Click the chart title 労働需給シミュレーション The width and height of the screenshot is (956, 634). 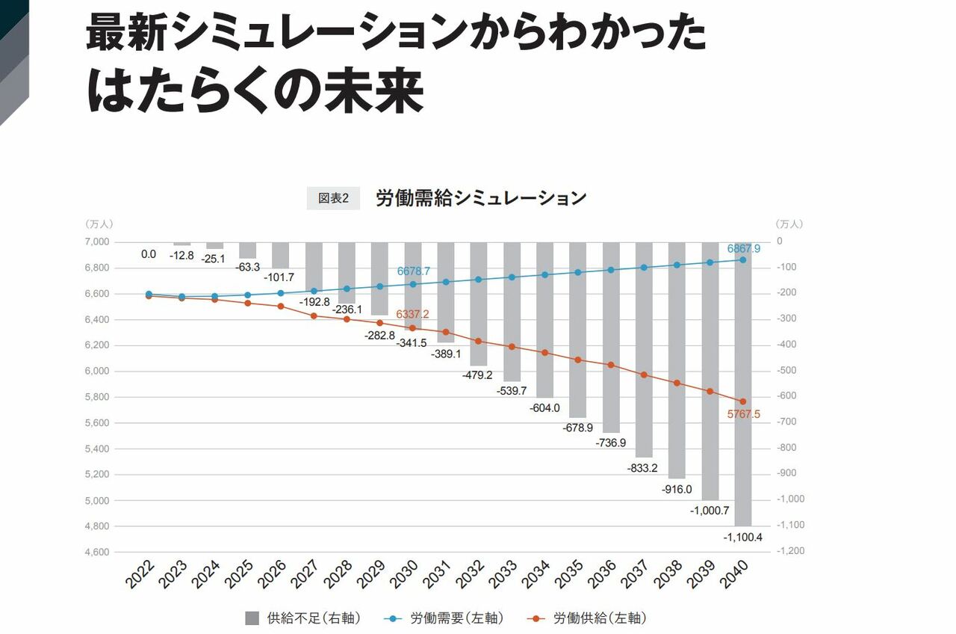point(480,198)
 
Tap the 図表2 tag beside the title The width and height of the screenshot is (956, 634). point(333,198)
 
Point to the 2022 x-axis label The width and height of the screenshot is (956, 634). point(140,575)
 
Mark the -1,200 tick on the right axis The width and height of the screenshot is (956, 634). point(789,551)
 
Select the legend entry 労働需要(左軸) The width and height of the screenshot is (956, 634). point(446,618)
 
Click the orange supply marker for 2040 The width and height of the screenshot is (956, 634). point(742,401)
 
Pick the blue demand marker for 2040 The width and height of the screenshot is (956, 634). point(742,259)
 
